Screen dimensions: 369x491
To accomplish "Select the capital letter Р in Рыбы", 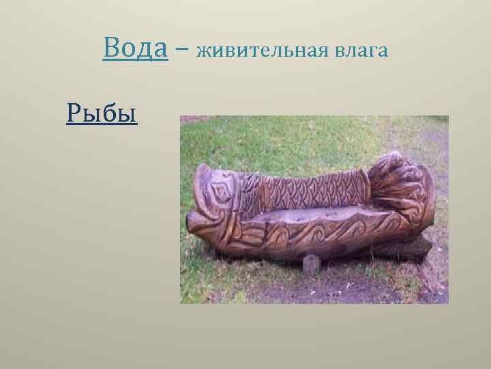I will [x=74, y=111].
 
